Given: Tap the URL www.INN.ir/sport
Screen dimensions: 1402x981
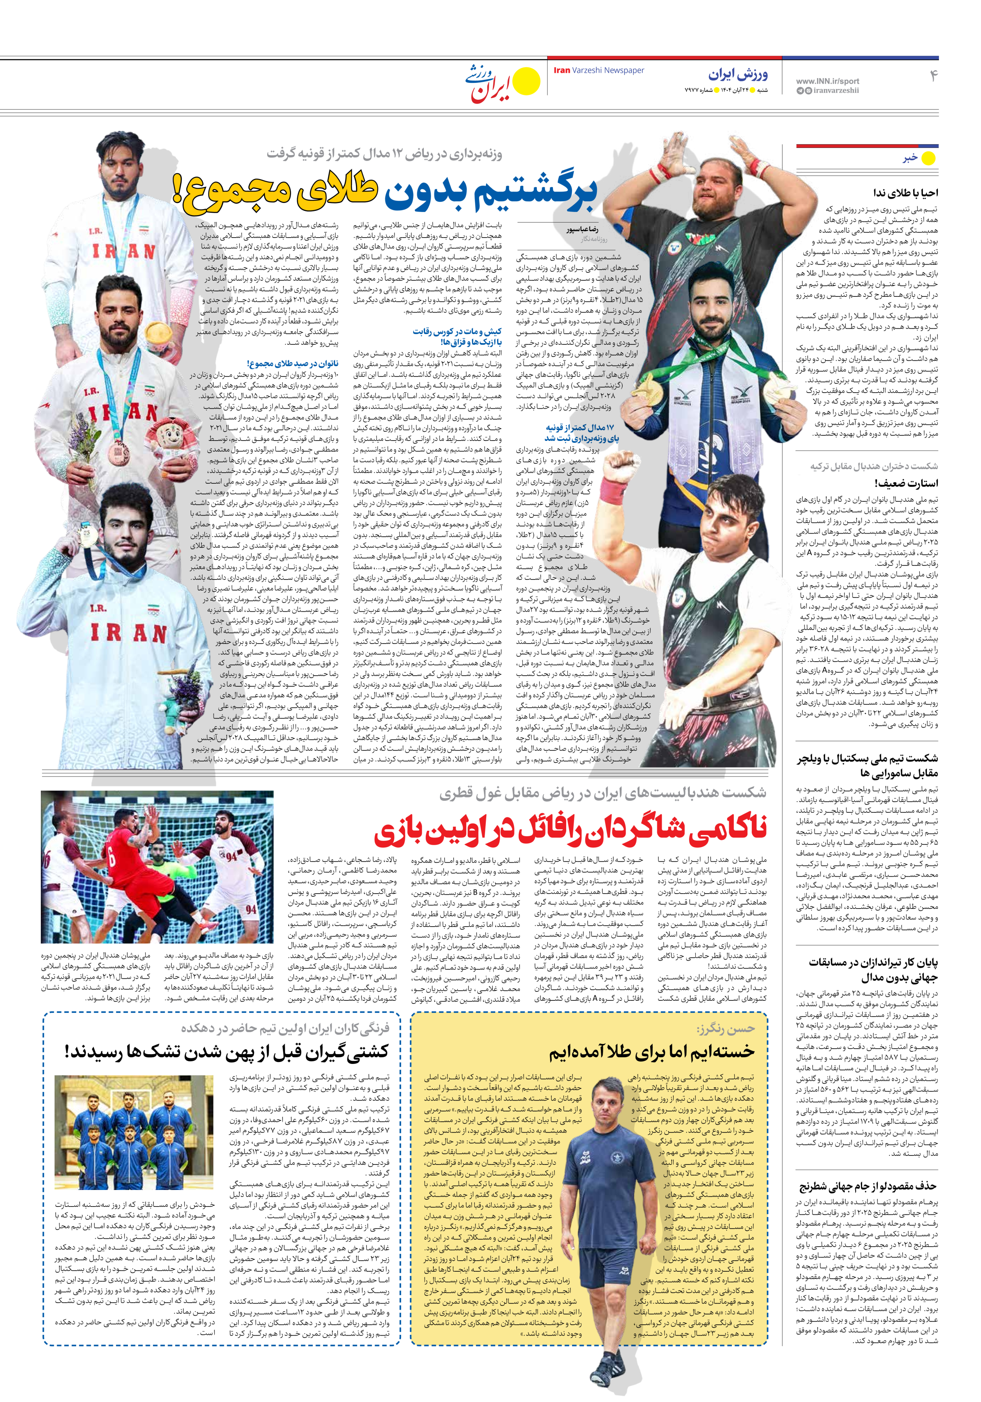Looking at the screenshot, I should pyautogui.click(x=827, y=80).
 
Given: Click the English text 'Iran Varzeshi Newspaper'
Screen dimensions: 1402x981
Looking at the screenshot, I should pyautogui.click(x=598, y=70).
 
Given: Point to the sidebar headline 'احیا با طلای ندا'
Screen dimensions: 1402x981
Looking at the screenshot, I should pyautogui.click(x=905, y=192).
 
